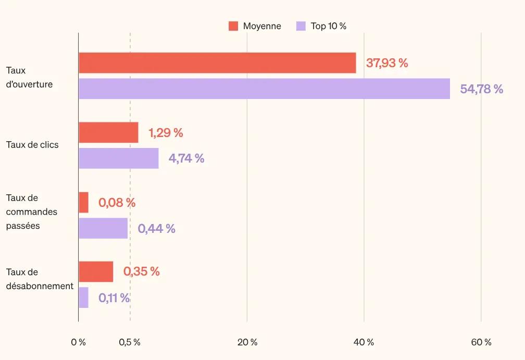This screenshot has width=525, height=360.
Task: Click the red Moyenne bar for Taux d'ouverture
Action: (217, 63)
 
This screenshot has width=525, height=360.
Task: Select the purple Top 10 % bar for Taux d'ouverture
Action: (264, 89)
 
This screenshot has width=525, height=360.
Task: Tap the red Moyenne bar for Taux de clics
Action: (108, 132)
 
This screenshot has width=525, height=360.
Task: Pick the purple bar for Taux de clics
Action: (118, 158)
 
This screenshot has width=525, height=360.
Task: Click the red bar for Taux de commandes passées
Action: (83, 202)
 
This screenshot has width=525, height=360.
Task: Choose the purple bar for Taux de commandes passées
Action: (103, 228)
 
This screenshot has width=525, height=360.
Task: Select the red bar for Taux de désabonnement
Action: (96, 271)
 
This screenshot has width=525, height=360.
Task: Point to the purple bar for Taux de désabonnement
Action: (83, 297)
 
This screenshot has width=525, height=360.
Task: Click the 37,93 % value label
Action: (387, 63)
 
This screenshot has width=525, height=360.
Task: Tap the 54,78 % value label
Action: (481, 89)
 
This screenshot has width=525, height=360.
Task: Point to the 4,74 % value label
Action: (186, 158)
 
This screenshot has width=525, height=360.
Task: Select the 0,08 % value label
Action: (117, 203)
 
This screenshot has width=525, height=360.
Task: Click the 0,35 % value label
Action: (141, 271)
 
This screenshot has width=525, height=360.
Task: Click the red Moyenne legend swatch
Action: (233, 26)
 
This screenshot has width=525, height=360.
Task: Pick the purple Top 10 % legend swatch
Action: (301, 26)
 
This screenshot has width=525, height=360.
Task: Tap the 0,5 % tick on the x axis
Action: (130, 342)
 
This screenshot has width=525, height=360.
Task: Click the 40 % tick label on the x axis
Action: (364, 342)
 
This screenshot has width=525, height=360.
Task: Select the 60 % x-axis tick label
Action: (481, 342)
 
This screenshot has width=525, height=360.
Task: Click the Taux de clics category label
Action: (32, 145)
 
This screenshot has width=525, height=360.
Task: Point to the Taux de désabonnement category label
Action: (40, 279)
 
